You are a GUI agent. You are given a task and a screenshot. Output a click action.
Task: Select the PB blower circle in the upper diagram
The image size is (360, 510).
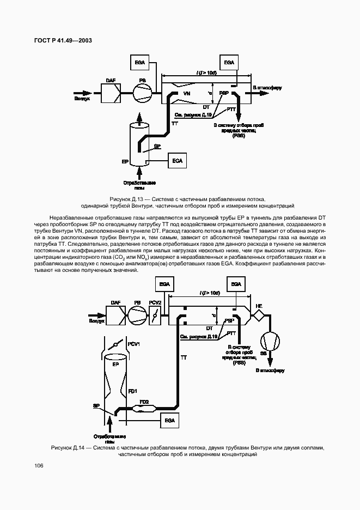(x=143, y=93)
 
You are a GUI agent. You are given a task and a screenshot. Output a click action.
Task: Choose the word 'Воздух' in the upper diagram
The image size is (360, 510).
(x=82, y=99)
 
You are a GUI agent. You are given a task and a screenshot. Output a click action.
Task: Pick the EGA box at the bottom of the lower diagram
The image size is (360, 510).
(x=170, y=420)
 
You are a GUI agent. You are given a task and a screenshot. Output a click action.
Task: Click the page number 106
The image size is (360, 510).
(x=39, y=465)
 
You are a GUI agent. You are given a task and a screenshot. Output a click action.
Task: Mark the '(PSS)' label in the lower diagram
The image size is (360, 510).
(x=239, y=362)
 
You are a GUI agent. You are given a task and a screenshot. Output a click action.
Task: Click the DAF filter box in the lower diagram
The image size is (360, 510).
(x=116, y=315)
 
